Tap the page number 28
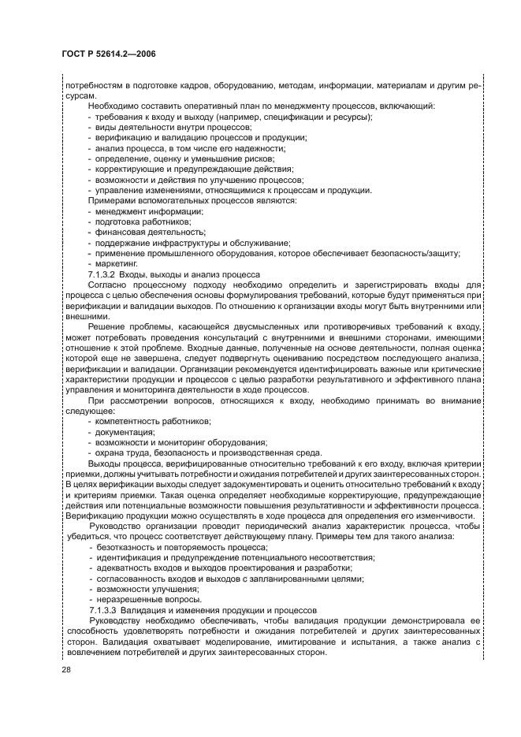66,670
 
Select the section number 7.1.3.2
104,274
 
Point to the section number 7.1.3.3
104,611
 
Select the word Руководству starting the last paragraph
117,621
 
